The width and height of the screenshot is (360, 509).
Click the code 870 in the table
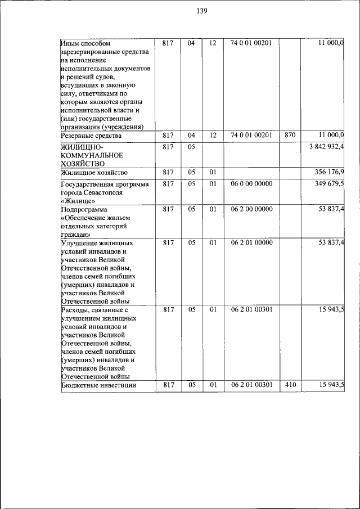click(x=290, y=136)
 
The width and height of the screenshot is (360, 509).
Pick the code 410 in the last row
click(x=290, y=385)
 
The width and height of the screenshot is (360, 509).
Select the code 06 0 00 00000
click(x=251, y=183)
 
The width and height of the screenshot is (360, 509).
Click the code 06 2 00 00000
click(x=251, y=209)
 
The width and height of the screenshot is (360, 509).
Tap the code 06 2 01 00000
click(x=251, y=242)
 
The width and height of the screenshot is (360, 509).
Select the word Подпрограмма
click(x=83, y=209)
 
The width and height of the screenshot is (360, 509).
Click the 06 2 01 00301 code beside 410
click(x=251, y=385)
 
